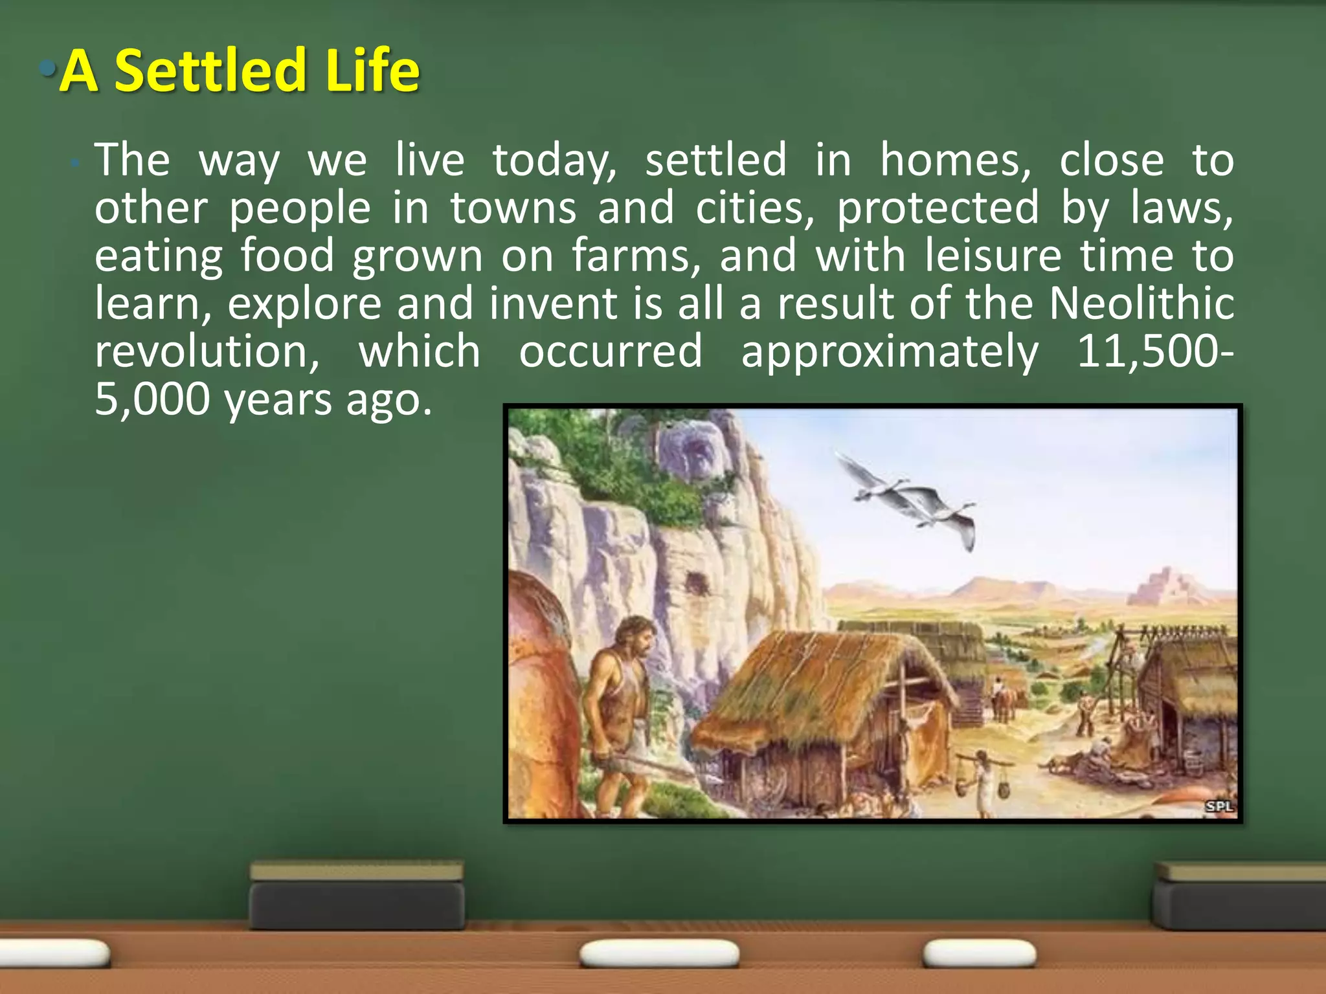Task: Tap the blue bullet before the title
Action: tap(47, 67)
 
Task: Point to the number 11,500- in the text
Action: tap(1154, 351)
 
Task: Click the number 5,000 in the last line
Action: tap(152, 399)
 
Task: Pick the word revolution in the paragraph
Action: tap(206, 351)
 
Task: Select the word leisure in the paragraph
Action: tap(993, 255)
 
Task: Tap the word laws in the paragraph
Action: tap(1181, 208)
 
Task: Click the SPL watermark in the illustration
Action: tap(1219, 806)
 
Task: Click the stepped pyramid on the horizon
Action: tap(1162, 586)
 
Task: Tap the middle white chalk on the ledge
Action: tap(659, 954)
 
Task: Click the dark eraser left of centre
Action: tap(357, 896)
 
